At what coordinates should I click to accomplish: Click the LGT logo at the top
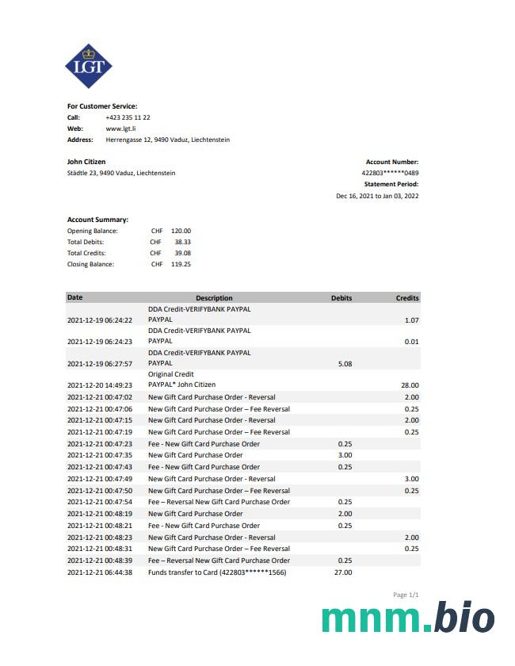(x=88, y=66)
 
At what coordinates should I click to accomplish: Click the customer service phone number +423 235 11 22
(x=128, y=117)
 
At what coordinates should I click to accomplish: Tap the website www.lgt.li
(x=121, y=128)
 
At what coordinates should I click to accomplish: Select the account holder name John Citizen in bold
(x=86, y=162)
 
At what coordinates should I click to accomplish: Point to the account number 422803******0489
(x=390, y=173)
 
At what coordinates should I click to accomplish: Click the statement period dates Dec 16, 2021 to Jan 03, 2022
(x=377, y=195)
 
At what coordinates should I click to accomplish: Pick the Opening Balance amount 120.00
(x=181, y=231)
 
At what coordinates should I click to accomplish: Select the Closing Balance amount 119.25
(x=181, y=264)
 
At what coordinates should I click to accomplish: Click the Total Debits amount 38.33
(x=182, y=242)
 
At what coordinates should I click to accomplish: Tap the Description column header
(x=214, y=298)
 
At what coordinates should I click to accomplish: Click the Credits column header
(x=407, y=298)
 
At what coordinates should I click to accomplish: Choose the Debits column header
(x=341, y=298)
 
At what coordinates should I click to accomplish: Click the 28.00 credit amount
(x=410, y=385)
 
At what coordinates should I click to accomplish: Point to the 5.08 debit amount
(x=345, y=364)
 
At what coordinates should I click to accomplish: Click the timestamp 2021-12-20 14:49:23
(x=100, y=385)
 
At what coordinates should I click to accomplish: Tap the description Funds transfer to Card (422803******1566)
(x=217, y=572)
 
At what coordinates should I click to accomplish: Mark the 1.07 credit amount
(x=411, y=320)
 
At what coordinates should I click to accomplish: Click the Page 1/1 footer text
(x=406, y=595)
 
